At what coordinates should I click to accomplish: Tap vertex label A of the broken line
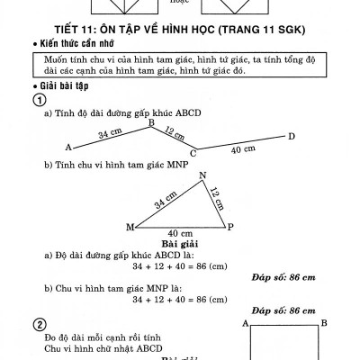point(68,146)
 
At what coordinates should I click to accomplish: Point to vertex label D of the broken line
point(291,137)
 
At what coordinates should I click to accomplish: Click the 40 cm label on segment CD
point(242,149)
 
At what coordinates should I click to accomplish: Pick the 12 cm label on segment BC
point(174,134)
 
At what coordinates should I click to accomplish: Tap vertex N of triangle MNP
point(202,175)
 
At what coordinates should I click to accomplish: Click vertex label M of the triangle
point(130,227)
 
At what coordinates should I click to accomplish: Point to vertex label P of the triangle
point(230,227)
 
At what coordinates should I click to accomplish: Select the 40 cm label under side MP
point(180,234)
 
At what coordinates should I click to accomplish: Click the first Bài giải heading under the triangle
point(180,244)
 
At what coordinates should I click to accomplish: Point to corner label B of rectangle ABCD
point(324,322)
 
